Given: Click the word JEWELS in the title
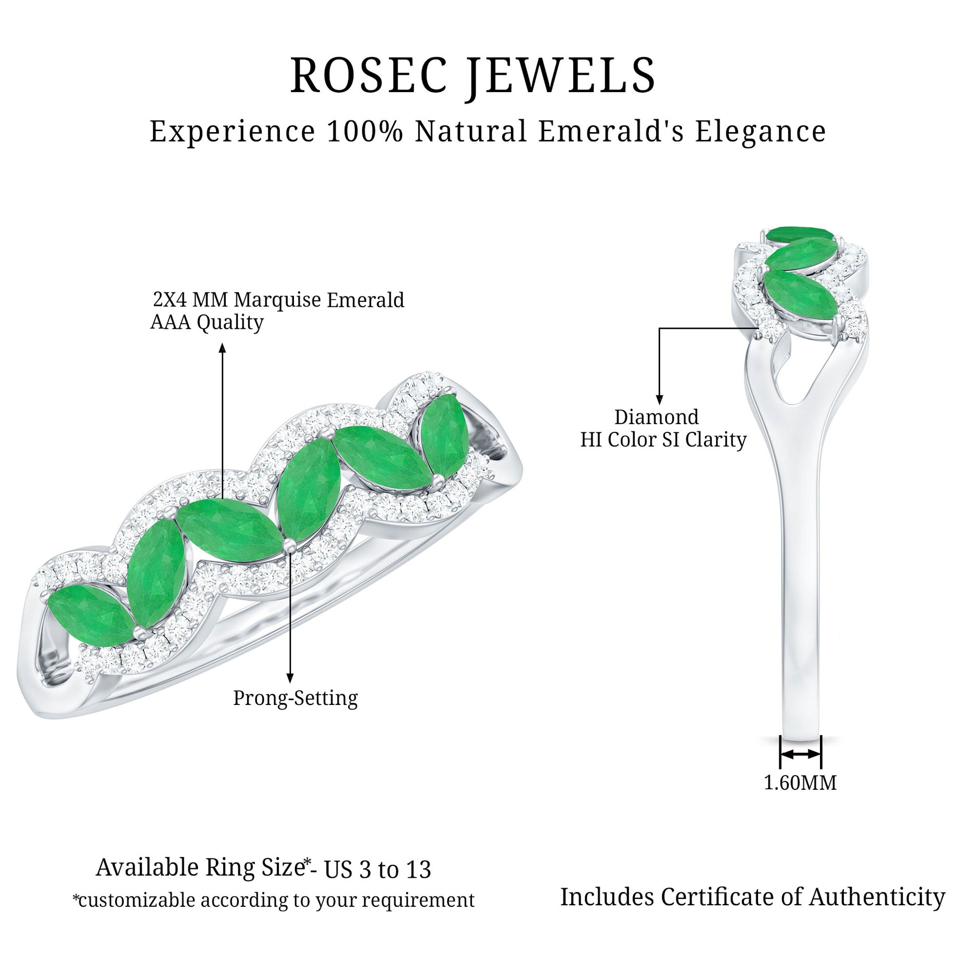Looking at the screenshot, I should pos(561,76).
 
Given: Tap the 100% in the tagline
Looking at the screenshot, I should pos(365,131).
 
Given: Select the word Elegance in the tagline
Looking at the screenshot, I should pos(761,131).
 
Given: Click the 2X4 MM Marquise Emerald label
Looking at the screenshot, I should pos(278,300).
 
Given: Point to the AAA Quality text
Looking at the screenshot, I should pos(207,323).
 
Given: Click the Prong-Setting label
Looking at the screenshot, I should pos(295,698).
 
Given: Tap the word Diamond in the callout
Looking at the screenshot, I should pos(657,417).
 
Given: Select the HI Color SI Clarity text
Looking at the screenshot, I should pos(663,440).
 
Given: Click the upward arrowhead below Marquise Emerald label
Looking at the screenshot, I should pos(223,348).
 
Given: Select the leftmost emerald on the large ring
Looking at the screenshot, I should pos(88,614).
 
